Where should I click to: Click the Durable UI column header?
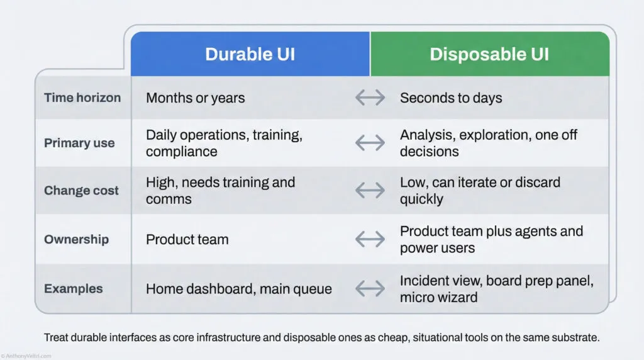[x=250, y=54]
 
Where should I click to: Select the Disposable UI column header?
[x=489, y=54]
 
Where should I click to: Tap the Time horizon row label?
[x=82, y=98]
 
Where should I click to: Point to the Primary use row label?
[x=79, y=143]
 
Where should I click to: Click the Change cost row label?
[x=81, y=191]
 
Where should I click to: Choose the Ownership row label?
[x=76, y=239]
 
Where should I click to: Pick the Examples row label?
[x=73, y=289]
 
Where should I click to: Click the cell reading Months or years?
[x=196, y=98]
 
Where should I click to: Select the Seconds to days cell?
[x=451, y=98]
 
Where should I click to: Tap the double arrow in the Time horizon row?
[x=370, y=98]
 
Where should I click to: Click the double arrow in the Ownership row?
[x=370, y=239]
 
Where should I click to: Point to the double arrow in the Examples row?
[x=370, y=289]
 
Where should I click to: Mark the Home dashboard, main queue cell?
[x=238, y=289]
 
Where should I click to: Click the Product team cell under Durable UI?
[x=187, y=239]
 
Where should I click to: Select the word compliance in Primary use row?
[x=182, y=152]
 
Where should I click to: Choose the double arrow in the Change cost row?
[x=370, y=191]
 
